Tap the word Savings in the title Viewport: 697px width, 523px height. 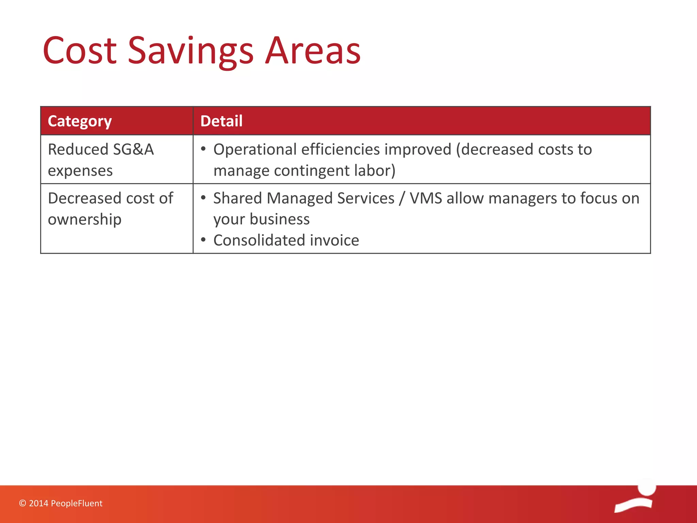point(191,51)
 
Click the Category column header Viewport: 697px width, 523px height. point(80,121)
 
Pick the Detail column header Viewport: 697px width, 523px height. point(221,121)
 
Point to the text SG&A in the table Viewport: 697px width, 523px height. point(133,149)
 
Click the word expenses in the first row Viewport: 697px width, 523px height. point(80,171)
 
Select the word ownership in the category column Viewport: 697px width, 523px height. point(84,220)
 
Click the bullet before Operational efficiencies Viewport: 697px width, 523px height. point(203,149)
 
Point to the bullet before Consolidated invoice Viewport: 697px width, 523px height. point(203,240)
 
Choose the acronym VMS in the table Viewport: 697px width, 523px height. point(426,198)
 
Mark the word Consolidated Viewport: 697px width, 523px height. point(259,240)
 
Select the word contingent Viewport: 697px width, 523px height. point(311,171)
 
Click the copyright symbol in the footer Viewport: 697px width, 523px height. point(22,503)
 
